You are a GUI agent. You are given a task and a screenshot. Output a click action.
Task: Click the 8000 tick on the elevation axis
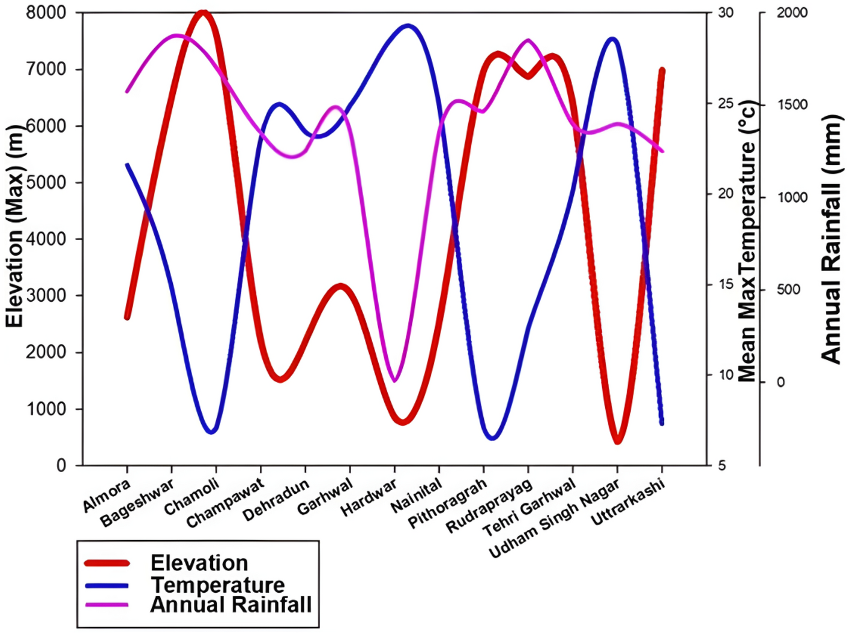[x=46, y=13]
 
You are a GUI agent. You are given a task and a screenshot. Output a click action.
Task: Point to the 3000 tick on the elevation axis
[x=46, y=295]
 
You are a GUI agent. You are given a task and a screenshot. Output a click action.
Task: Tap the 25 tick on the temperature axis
[x=726, y=103]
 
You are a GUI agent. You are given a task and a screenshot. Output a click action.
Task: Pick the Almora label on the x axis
[x=106, y=496]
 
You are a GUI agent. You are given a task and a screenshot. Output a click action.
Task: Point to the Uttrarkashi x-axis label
[x=628, y=502]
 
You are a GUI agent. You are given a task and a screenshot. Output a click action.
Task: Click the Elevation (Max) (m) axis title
[x=14, y=226]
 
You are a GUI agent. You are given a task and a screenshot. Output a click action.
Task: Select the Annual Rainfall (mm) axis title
[x=831, y=239]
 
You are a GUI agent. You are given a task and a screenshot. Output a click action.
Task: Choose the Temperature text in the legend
[x=217, y=584]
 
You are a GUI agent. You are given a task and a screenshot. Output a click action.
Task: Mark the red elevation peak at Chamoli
[x=203, y=13]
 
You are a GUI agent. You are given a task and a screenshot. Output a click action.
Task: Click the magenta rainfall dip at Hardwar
[x=394, y=380]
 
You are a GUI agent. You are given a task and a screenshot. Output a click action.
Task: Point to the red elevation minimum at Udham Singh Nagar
[x=618, y=440]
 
